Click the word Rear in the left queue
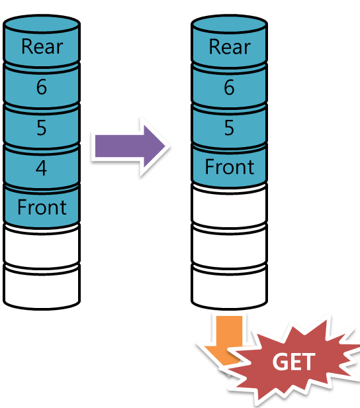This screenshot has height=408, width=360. tap(42, 46)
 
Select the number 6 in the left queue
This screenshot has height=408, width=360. tap(42, 87)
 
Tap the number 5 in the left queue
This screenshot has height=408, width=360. tap(42, 127)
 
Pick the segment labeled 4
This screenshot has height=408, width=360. tap(42, 168)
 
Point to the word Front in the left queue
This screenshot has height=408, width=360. tap(42, 207)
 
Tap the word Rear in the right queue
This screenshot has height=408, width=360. tap(230, 46)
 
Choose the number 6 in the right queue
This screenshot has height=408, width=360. tap(229, 87)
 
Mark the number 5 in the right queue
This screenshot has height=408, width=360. tap(229, 127)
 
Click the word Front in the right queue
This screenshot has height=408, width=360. tap(230, 167)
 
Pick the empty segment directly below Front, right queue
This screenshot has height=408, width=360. tap(229, 208)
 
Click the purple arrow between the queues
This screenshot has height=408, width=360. tap(130, 146)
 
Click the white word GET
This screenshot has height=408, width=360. tap(294, 362)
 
